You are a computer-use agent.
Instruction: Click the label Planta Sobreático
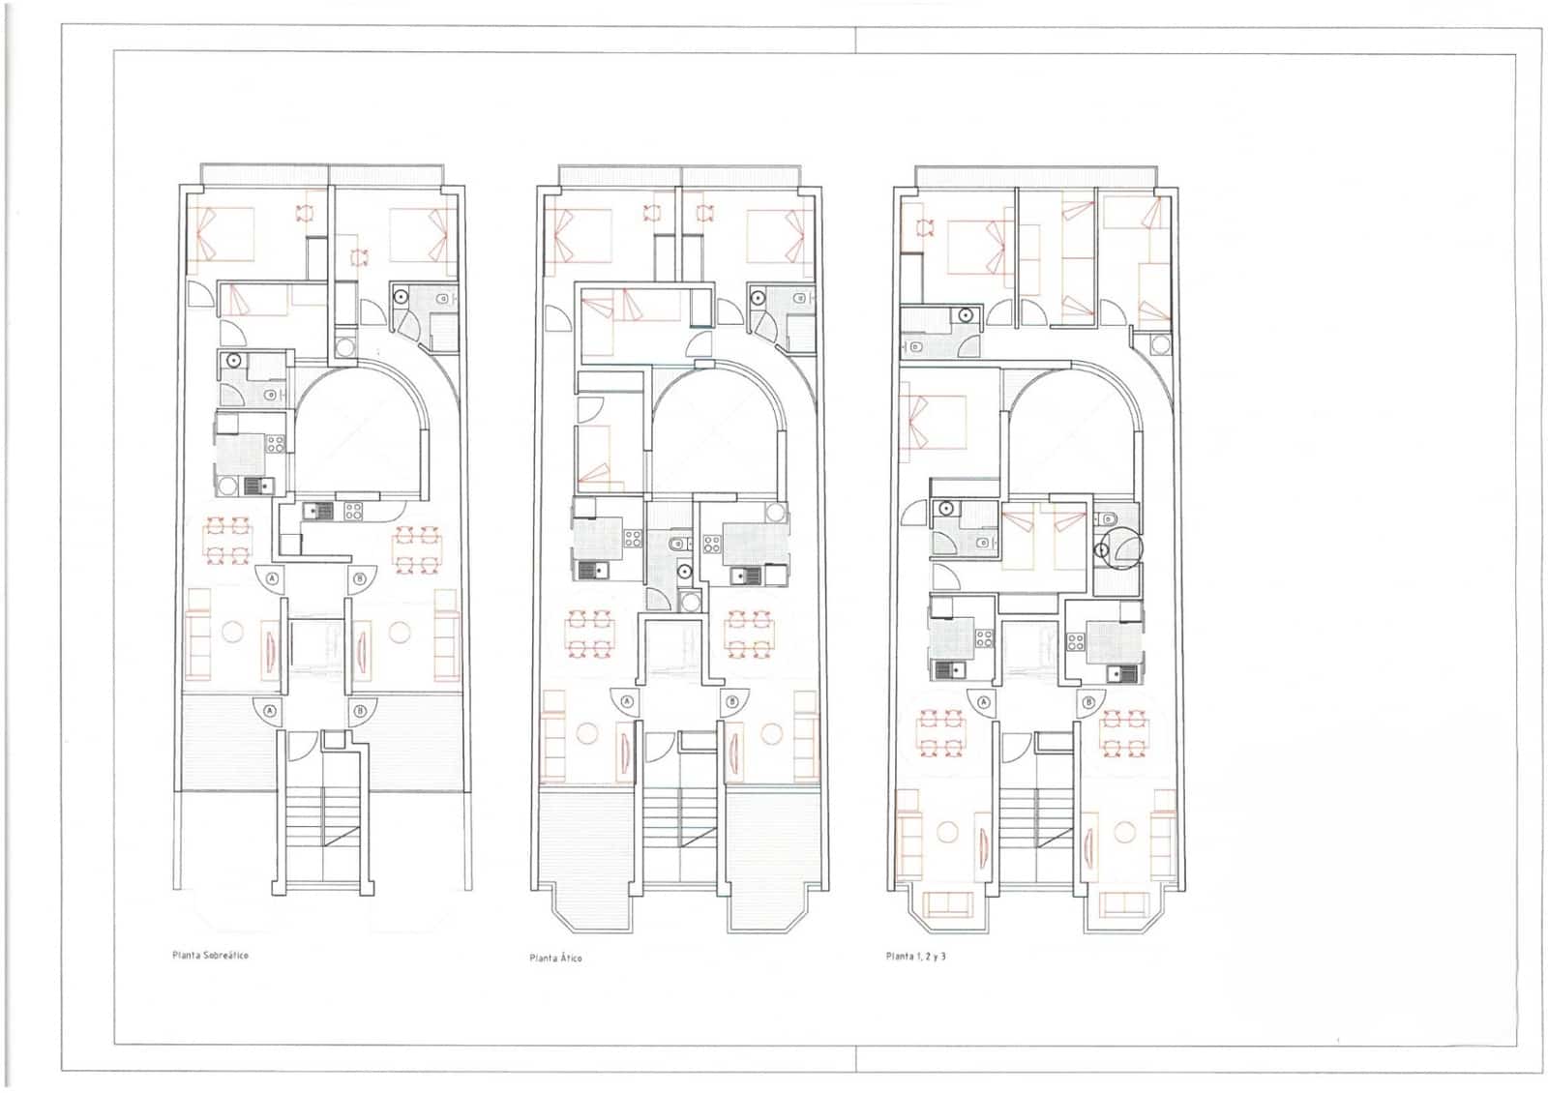point(210,955)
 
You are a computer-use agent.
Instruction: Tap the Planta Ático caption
point(555,958)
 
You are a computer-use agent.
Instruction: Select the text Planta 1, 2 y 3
point(915,956)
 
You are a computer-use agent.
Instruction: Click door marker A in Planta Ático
point(628,702)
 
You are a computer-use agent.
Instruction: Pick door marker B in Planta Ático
point(731,702)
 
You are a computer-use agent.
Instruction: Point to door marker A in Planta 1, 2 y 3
point(984,702)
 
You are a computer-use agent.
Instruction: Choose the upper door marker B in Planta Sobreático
point(361,579)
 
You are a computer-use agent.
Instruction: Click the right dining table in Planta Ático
point(750,634)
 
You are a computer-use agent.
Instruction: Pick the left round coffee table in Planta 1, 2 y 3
point(947,832)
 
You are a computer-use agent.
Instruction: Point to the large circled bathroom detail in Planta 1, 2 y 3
point(1122,548)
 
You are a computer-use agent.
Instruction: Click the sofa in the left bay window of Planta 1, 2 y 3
point(948,904)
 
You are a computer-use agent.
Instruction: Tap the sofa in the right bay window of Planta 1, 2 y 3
point(1123,904)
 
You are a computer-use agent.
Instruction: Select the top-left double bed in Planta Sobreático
point(222,234)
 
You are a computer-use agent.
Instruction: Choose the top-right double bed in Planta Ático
point(780,235)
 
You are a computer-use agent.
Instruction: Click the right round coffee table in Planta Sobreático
point(400,632)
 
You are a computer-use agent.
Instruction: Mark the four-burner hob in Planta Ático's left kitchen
point(633,539)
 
